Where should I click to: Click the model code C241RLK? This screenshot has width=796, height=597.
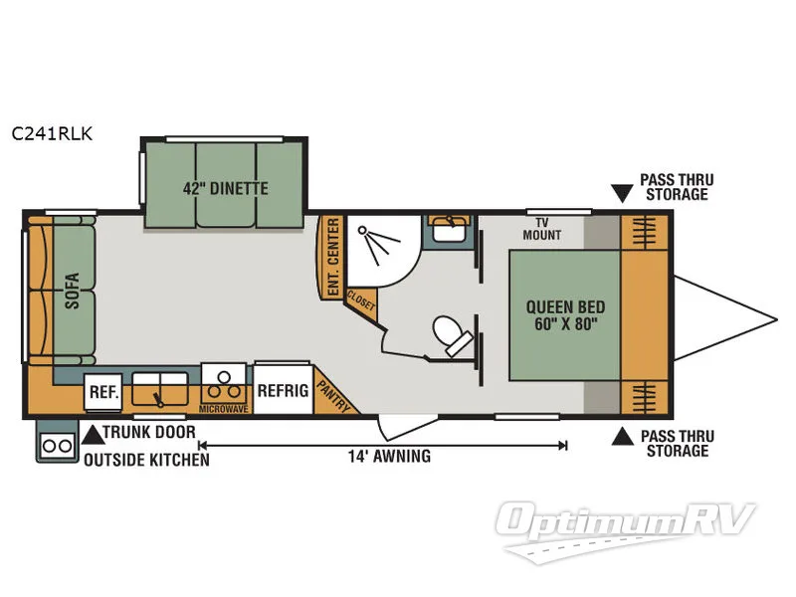[x=53, y=134]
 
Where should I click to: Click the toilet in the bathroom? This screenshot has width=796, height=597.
[x=453, y=335]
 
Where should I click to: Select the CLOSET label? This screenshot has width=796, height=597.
[x=360, y=300]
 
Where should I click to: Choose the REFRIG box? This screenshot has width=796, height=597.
[x=282, y=390]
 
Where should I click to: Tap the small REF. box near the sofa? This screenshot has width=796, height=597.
[x=102, y=392]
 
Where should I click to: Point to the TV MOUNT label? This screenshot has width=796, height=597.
[x=542, y=230]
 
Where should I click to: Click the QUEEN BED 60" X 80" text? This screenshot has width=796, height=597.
[x=565, y=315]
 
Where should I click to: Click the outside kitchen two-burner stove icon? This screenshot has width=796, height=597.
[x=56, y=446]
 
